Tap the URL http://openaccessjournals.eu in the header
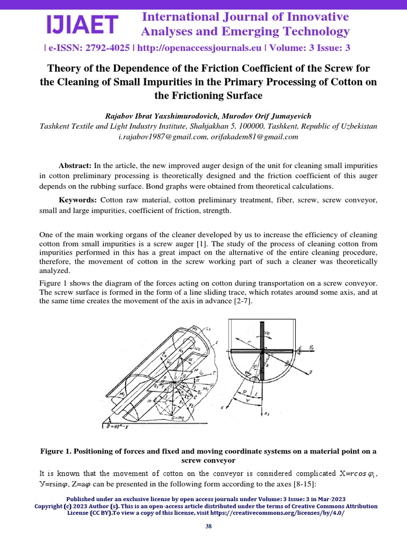coord(201,48)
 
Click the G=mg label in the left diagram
coord(171,418)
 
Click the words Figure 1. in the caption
coord(55,451)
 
